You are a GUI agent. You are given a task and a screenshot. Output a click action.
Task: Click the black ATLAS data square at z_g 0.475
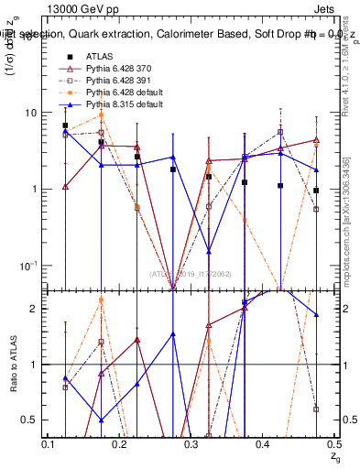(316, 191)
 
